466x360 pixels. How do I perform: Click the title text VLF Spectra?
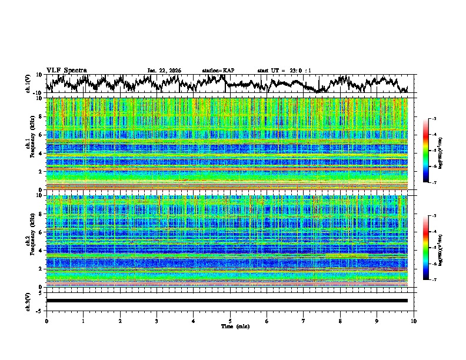(x=66, y=70)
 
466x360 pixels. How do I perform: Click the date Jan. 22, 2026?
(x=164, y=71)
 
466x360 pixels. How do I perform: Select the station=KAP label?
(x=218, y=71)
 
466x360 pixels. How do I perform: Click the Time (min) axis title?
(x=230, y=326)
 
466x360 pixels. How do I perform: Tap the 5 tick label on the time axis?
(x=230, y=321)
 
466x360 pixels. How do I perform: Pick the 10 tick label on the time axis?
(x=414, y=321)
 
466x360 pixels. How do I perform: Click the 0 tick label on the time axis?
(x=46, y=321)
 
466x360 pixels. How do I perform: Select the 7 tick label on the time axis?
(x=304, y=321)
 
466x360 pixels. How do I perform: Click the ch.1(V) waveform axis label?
(x=29, y=84)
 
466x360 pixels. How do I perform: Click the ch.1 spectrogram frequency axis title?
(x=29, y=145)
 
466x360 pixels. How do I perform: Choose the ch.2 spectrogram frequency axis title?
(x=29, y=241)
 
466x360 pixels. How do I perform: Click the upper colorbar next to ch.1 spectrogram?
(x=432, y=152)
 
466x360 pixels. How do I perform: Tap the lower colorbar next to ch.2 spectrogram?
(x=432, y=248)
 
